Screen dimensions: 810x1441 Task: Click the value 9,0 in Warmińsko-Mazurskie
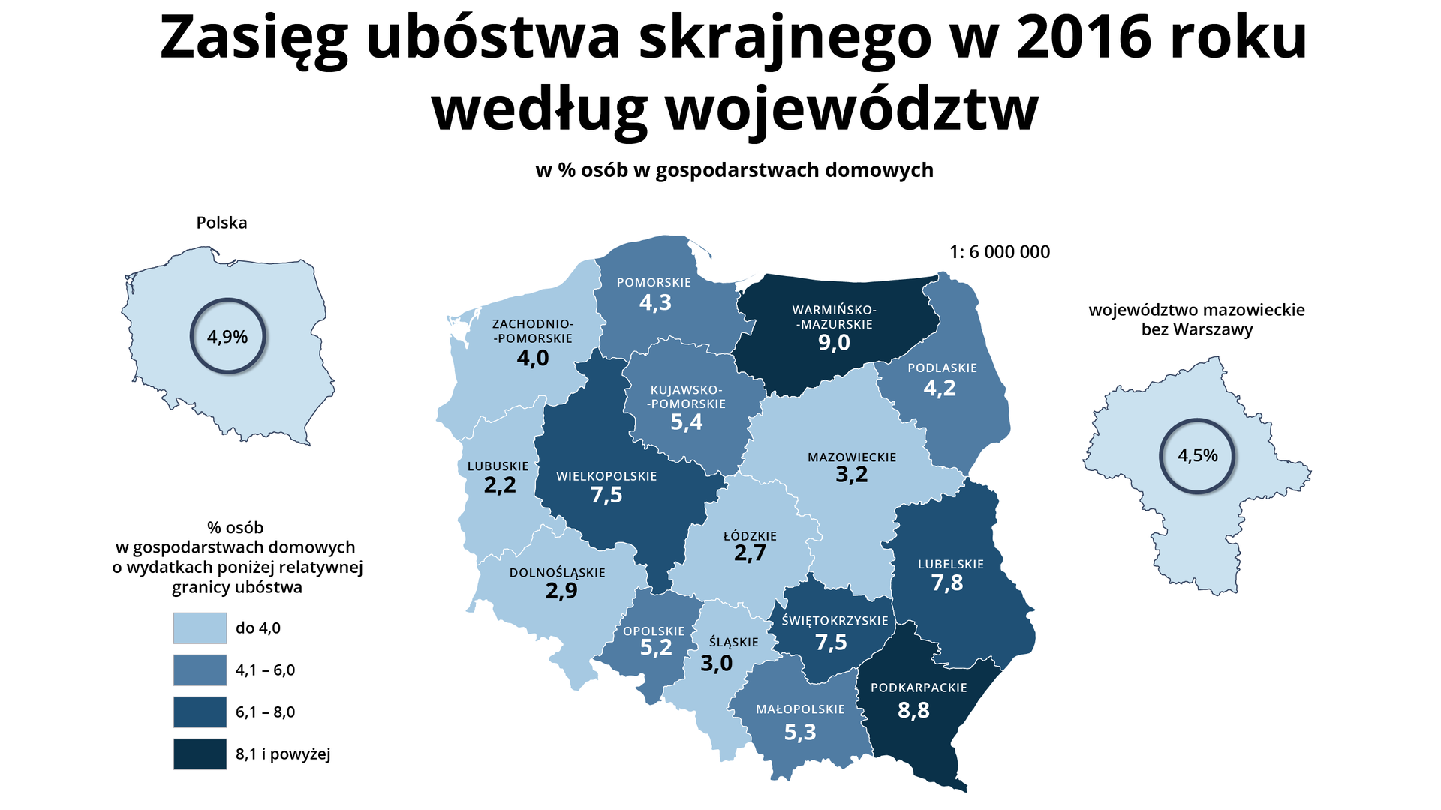pyautogui.click(x=834, y=343)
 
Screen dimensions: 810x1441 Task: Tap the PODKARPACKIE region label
pyautogui.click(x=919, y=688)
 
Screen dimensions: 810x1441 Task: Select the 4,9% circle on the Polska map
pyautogui.click(x=227, y=337)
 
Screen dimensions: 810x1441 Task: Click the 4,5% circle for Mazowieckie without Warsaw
pyautogui.click(x=1197, y=455)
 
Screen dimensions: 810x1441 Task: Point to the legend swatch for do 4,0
pyautogui.click(x=200, y=628)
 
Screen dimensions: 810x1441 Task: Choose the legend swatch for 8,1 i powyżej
pyautogui.click(x=200, y=754)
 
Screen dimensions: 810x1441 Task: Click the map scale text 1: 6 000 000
pyautogui.click(x=1000, y=252)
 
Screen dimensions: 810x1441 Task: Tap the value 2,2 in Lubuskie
pyautogui.click(x=500, y=485)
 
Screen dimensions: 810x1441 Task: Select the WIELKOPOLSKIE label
pyautogui.click(x=606, y=476)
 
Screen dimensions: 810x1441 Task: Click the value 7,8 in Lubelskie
pyautogui.click(x=947, y=583)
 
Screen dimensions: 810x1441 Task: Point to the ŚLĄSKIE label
pyautogui.click(x=733, y=643)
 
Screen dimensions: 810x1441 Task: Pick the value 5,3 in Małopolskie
pyautogui.click(x=800, y=732)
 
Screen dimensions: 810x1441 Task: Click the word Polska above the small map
pyautogui.click(x=221, y=223)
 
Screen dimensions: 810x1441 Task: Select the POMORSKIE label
pyautogui.click(x=654, y=283)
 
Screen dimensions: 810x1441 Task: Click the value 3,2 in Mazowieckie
pyautogui.click(x=852, y=475)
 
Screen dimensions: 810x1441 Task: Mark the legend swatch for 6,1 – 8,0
pyautogui.click(x=200, y=712)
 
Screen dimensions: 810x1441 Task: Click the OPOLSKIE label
pyautogui.click(x=654, y=631)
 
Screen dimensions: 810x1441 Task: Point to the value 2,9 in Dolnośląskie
pyautogui.click(x=561, y=591)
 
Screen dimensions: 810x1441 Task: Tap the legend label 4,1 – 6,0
pyautogui.click(x=266, y=670)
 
